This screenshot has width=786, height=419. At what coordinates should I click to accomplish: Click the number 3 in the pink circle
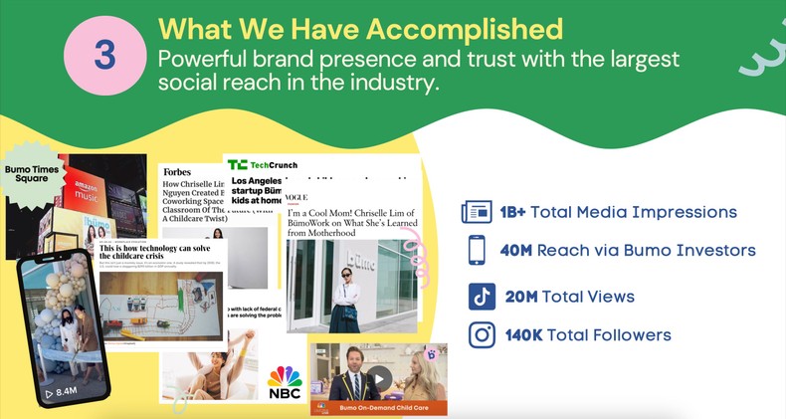point(105,56)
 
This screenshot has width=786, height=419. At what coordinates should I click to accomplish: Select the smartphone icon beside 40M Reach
point(477,250)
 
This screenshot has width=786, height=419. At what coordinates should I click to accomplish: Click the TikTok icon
point(482,297)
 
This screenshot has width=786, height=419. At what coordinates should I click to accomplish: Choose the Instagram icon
point(482,335)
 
